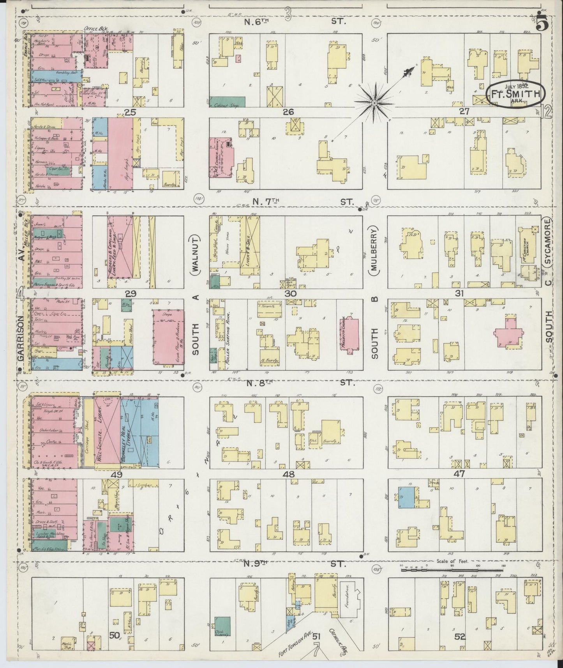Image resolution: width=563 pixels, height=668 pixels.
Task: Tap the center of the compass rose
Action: (374, 103)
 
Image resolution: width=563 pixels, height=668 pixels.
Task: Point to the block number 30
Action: (291, 293)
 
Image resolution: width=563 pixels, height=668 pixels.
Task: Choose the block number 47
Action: (460, 474)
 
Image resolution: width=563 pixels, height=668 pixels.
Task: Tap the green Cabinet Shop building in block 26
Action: (228, 102)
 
